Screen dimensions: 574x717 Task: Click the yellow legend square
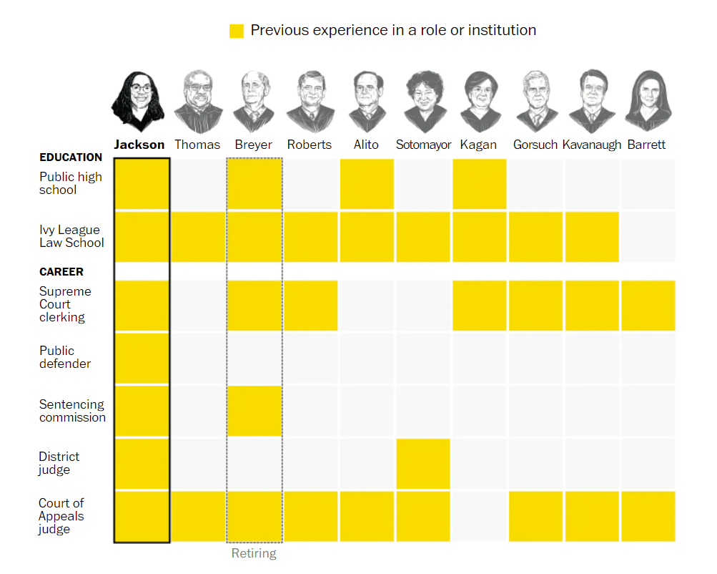point(236,31)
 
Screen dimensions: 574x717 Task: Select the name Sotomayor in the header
point(423,145)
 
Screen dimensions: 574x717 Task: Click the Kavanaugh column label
point(592,145)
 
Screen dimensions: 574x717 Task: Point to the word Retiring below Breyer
point(254,553)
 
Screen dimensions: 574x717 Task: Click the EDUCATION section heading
point(71,157)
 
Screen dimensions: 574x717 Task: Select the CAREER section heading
point(61,272)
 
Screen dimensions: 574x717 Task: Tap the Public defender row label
point(65,357)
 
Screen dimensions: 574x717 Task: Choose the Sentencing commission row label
point(72,411)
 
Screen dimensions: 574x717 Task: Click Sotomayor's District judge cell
point(423,464)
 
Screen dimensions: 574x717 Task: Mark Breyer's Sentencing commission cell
point(254,411)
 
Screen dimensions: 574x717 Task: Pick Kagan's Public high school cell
point(480,184)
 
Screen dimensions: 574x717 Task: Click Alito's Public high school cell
point(367,184)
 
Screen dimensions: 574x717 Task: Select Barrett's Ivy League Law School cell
point(648,236)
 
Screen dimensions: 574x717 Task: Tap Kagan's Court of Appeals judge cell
point(480,516)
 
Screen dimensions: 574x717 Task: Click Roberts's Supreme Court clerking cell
point(311,306)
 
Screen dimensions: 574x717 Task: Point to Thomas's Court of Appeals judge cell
point(198,516)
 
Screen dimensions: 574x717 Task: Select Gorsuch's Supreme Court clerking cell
point(536,306)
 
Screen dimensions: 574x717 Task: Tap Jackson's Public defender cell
point(142,358)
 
